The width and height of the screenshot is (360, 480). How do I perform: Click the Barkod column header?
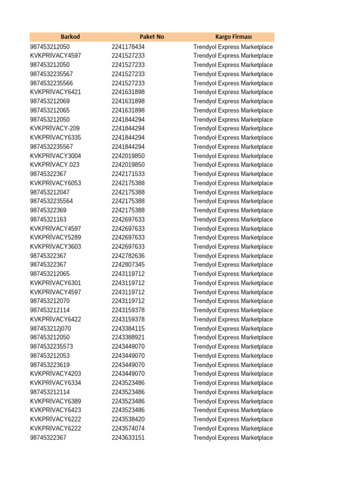pos(70,37)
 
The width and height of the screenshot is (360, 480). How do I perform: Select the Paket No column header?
pos(152,37)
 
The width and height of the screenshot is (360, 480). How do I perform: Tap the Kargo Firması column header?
pos(233,37)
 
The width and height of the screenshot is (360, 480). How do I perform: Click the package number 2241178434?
pos(128,47)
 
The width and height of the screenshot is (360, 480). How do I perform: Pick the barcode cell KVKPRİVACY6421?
pos(55,92)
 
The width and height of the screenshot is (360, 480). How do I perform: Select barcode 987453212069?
pos(50,101)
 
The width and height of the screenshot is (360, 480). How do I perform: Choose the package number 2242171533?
pos(128,174)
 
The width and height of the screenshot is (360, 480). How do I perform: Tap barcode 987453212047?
pos(50,192)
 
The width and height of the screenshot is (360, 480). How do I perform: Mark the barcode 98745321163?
pos(48,219)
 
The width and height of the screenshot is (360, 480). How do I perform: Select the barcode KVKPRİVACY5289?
pos(55,238)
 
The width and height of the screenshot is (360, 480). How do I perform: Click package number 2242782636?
pos(128,256)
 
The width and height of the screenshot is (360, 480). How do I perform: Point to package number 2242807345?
pos(128,265)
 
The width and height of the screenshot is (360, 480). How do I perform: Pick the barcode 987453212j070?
pos(50,329)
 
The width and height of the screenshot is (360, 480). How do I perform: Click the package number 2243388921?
pos(128,337)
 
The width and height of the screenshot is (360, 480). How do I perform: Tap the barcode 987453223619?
pos(50,365)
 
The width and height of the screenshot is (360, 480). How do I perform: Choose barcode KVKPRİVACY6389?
pos(55,401)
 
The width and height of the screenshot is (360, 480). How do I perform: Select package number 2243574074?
pos(128,428)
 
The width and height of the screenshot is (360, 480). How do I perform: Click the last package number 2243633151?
pos(128,438)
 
